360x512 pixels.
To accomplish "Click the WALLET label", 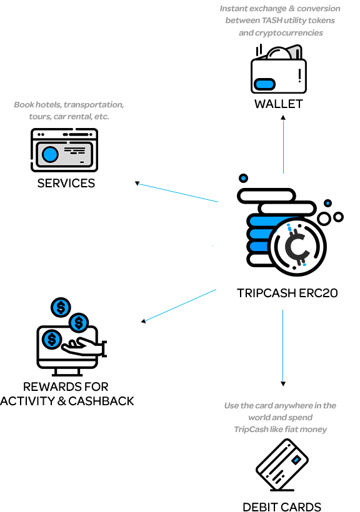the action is pyautogui.click(x=279, y=104).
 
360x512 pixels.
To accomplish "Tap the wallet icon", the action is pyautogui.click(x=279, y=69).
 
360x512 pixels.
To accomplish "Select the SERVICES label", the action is pyautogui.click(x=66, y=183).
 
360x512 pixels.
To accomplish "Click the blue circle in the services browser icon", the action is pyautogui.click(x=50, y=154).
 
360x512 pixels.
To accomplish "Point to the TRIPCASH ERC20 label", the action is pyautogui.click(x=287, y=293).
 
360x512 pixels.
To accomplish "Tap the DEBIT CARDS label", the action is pyautogui.click(x=282, y=507).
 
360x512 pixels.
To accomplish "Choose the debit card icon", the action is pyautogui.click(x=282, y=465).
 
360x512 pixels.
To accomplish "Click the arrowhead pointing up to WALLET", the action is pyautogui.click(x=283, y=117).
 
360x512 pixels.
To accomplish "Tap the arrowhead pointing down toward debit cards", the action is pyautogui.click(x=283, y=383).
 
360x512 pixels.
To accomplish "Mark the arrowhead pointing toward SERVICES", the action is pyautogui.click(x=137, y=183).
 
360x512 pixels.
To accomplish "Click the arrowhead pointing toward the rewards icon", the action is pyautogui.click(x=143, y=322).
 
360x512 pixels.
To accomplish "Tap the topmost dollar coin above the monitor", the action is pyautogui.click(x=61, y=307).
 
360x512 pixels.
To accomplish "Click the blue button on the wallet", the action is pyautogui.click(x=264, y=84).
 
